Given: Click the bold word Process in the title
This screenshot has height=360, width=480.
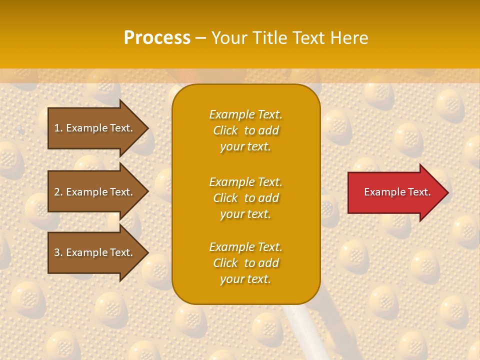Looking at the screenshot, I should click(157, 38).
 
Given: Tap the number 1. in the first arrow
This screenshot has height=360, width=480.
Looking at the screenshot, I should click(58, 128).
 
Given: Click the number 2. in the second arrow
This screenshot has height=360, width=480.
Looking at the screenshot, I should click(58, 192).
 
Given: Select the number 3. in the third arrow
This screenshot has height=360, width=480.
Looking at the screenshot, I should click(58, 252).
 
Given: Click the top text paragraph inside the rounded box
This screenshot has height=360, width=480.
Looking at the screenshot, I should click(245, 130).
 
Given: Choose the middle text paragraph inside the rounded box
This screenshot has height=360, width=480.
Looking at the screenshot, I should click(245, 198).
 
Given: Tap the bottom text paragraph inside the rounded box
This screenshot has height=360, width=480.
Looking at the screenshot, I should click(245, 263).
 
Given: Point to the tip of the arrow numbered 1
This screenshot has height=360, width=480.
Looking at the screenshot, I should click(147, 128).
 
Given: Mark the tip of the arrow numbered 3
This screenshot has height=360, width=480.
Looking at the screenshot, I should click(147, 252).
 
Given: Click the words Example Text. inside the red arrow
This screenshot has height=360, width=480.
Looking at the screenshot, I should click(397, 192).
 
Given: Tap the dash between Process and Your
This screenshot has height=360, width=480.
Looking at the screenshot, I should click(201, 38).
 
